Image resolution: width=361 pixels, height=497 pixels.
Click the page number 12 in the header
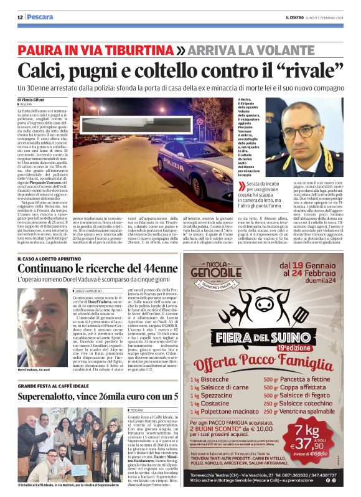(20, 17)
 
